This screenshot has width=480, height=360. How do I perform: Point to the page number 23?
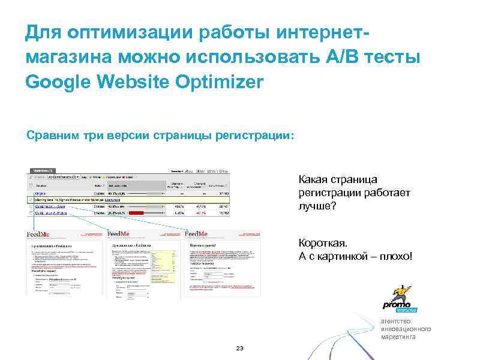click(240, 349)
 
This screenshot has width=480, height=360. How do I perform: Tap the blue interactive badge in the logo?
click(406, 310)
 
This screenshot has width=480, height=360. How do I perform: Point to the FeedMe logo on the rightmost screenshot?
click(196, 234)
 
